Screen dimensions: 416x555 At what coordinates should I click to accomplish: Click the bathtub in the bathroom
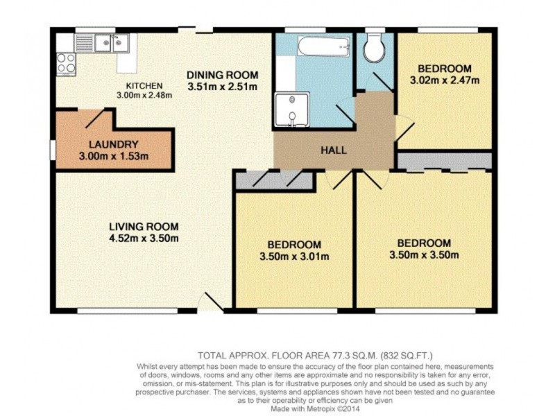click(x=323, y=48)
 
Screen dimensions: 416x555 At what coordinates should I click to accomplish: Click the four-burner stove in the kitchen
click(x=66, y=64)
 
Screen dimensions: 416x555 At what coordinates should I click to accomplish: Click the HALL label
click(x=333, y=150)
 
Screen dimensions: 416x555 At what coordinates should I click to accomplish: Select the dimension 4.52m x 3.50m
click(x=144, y=239)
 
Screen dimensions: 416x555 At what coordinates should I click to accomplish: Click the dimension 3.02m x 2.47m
click(x=445, y=80)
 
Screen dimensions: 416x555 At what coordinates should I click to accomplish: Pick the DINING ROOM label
click(x=223, y=75)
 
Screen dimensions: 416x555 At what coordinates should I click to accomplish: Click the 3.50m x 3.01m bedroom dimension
click(x=294, y=257)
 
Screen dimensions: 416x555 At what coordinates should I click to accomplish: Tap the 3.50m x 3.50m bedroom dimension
click(x=424, y=255)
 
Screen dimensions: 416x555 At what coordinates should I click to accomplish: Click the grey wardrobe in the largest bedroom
click(x=444, y=161)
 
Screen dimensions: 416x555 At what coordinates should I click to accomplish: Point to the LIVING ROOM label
click(x=144, y=227)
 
